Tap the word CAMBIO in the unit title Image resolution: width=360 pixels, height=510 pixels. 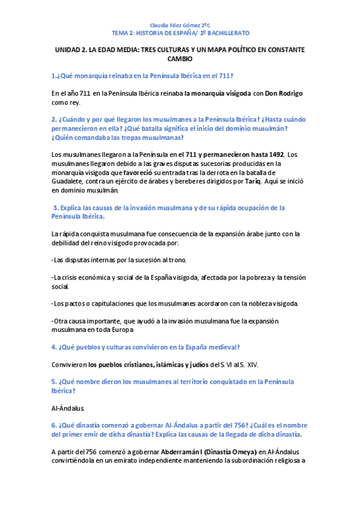coord(180,60)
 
